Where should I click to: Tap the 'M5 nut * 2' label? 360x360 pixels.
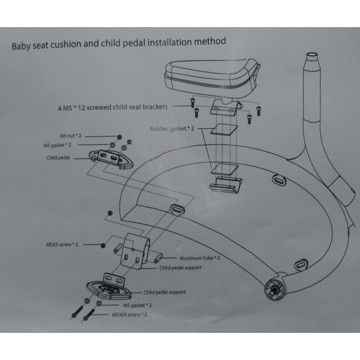(x=71, y=136)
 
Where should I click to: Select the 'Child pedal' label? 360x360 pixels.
(x=58, y=158)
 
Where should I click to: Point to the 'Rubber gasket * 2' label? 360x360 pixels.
(x=172, y=129)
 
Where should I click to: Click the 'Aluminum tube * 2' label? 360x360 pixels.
(x=200, y=258)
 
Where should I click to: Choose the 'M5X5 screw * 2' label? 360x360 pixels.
(x=62, y=244)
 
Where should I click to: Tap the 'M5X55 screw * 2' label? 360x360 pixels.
(x=129, y=315)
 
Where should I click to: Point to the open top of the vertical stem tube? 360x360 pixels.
(x=312, y=56)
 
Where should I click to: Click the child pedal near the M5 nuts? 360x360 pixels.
(x=111, y=159)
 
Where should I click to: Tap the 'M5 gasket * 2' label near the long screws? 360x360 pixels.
(x=137, y=305)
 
